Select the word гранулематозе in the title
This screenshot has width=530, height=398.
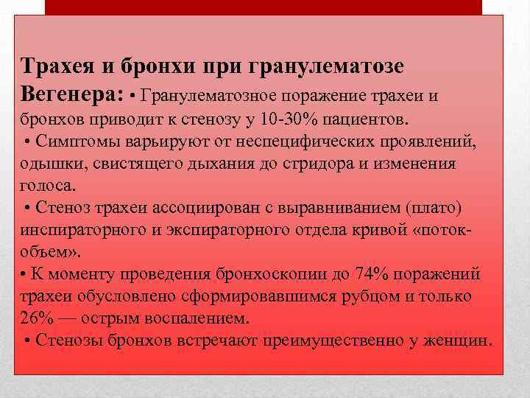pyautogui.click(x=339, y=66)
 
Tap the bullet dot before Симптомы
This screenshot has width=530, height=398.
pyautogui.click(x=27, y=142)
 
